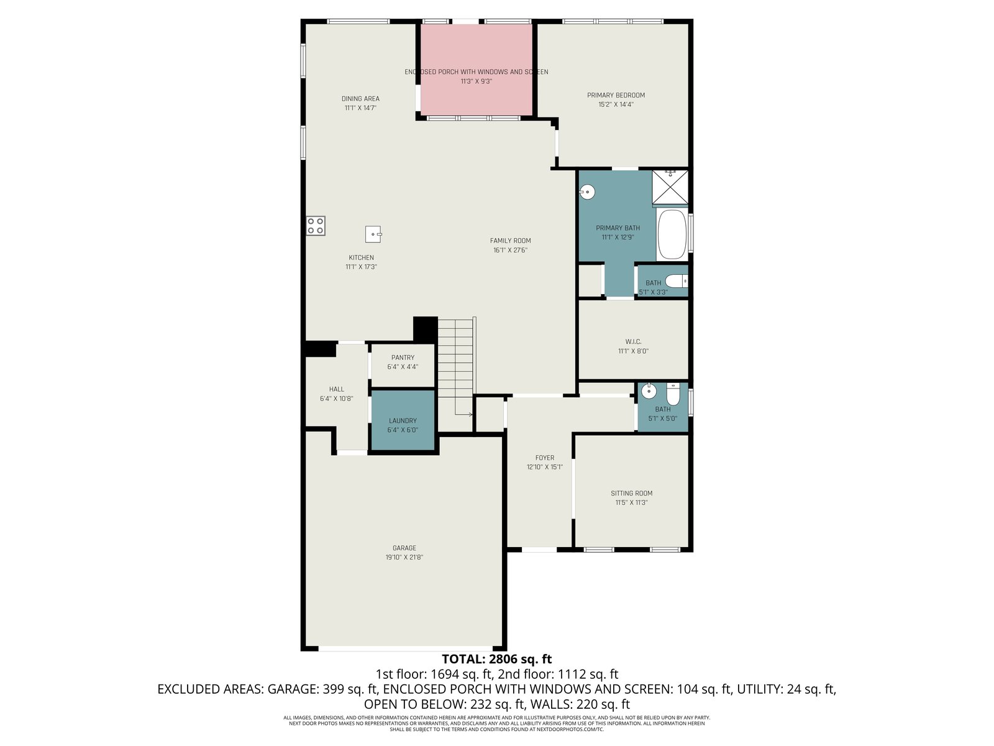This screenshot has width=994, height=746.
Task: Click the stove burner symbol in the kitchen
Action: click(x=316, y=226)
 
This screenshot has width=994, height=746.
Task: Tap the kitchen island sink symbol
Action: click(x=373, y=234)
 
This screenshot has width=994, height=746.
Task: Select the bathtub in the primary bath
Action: click(x=672, y=234)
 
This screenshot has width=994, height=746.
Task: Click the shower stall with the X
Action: click(x=670, y=187)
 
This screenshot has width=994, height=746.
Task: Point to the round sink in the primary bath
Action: click(x=587, y=192)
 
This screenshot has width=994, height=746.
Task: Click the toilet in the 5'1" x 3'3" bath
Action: click(x=677, y=281)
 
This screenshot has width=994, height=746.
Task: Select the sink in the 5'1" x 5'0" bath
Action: click(x=649, y=390)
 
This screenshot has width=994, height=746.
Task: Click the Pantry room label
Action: click(x=403, y=357)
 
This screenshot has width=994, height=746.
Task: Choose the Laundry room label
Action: click(x=403, y=421)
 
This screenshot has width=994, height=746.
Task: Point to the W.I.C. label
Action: click(x=633, y=341)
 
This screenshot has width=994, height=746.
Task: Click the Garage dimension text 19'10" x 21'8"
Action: click(x=404, y=557)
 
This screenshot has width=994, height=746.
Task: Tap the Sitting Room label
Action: click(x=631, y=493)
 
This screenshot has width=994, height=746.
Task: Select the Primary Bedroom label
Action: click(x=616, y=95)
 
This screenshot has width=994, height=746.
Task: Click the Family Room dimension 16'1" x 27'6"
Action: click(x=511, y=250)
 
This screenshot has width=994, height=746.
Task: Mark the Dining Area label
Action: click(x=360, y=99)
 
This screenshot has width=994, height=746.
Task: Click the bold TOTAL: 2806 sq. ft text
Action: click(x=497, y=659)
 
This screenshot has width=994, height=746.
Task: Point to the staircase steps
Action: click(x=456, y=367)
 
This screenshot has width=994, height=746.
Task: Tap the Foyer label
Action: click(x=544, y=458)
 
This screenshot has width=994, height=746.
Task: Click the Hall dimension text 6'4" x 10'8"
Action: click(x=337, y=398)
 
